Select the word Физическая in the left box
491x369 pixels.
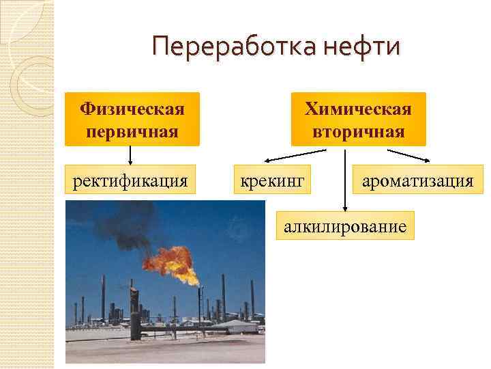pos(132,109)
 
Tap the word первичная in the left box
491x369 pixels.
pos(132,131)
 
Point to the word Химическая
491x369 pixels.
pos(358,109)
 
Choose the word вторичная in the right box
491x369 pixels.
pos(358,131)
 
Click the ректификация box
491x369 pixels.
pos(130,181)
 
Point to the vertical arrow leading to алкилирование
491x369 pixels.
pos(345,184)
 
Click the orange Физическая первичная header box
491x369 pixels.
pos(132,119)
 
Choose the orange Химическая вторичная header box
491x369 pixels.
pos(358,119)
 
